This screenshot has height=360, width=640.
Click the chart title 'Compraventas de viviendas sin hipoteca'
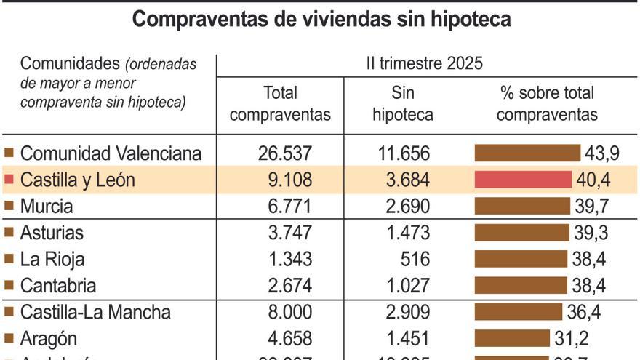[x=321, y=20]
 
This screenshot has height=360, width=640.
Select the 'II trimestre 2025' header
[x=425, y=63]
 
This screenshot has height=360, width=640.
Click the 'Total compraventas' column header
[x=284, y=104]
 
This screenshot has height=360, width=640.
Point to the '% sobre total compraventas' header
[x=547, y=104]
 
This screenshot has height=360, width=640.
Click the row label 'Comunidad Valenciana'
[x=111, y=153]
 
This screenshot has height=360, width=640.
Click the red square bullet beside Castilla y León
[x=9, y=180]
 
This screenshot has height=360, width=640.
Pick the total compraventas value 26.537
[x=285, y=153]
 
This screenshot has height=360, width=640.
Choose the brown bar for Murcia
[x=523, y=206]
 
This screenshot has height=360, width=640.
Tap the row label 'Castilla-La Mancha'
[x=95, y=312]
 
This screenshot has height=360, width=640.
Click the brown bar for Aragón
[x=512, y=338]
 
